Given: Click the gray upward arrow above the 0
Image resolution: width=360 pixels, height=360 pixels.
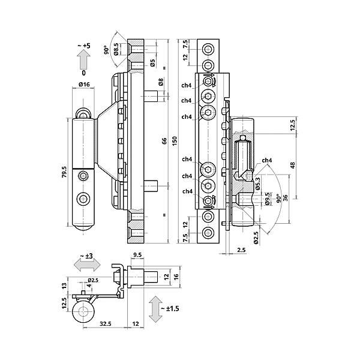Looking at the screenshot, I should click(x=83, y=60).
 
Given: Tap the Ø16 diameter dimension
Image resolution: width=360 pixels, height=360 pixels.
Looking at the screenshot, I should click(x=84, y=85).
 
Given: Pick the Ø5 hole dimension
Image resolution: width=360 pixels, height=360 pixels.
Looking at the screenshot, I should click(x=153, y=62).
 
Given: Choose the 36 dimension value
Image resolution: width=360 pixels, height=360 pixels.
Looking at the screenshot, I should click(x=286, y=197).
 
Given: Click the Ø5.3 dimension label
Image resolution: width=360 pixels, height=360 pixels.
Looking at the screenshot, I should click(x=257, y=182).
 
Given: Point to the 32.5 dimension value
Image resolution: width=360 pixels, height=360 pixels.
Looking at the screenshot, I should click(x=105, y=325).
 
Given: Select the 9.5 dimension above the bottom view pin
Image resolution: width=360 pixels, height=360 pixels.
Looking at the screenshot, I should click(x=137, y=254).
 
